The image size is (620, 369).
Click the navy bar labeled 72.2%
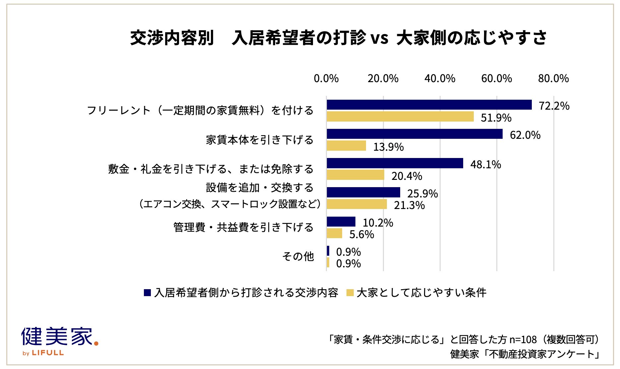point(429,105)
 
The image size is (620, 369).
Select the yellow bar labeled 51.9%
point(400,117)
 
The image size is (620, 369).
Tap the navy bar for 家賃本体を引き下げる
point(414,134)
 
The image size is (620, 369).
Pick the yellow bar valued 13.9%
point(346,146)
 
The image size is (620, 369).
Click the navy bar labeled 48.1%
point(395,163)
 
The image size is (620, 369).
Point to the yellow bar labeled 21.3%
point(357,204)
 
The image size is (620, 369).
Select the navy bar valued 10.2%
point(341,222)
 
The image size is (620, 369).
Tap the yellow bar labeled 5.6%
point(335,233)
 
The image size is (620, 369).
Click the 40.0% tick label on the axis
point(440,79)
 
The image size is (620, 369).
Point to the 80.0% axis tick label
point(553,79)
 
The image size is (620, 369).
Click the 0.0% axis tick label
point(326,79)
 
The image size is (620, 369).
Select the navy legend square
point(147,292)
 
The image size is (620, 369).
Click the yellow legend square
point(350,292)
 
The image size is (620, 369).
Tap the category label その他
point(298,256)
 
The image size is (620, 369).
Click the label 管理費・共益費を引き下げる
point(243,227)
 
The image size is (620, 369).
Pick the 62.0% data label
point(525,135)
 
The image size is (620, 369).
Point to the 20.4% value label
point(406,176)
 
